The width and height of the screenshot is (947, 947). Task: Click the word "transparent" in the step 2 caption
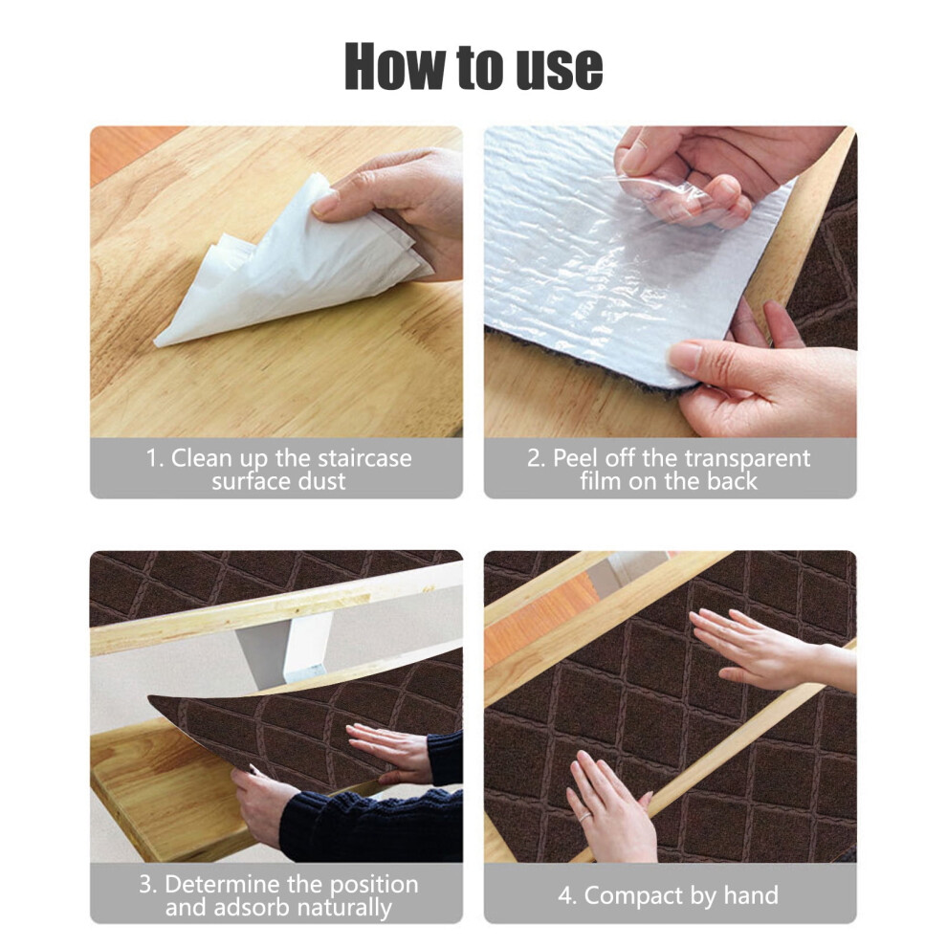click(x=740, y=458)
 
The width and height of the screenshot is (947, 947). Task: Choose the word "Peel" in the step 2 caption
click(x=576, y=458)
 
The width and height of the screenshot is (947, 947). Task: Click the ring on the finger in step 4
click(x=585, y=817)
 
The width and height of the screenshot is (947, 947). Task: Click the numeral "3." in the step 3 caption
click(x=148, y=884)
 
